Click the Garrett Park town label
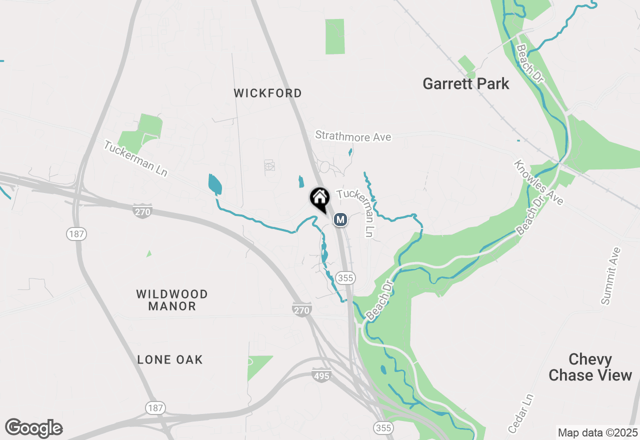[465, 83]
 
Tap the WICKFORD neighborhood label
[268, 93]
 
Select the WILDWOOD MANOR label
[171, 300]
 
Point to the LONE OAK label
[170, 359]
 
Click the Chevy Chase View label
[590, 367]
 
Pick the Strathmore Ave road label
[353, 136]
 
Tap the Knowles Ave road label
[538, 183]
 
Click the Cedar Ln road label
[521, 413]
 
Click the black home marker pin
[319, 199]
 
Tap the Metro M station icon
[340, 219]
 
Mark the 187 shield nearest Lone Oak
[155, 408]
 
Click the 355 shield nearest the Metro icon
[345, 277]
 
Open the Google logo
[33, 428]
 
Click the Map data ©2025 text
[597, 432]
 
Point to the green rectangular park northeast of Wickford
[335, 36]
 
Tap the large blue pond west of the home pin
[214, 184]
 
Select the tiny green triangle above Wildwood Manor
[149, 254]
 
